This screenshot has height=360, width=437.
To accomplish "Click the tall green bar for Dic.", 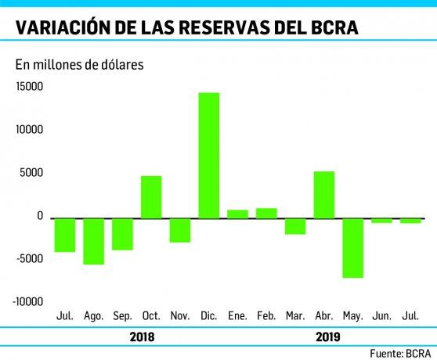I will [208, 155].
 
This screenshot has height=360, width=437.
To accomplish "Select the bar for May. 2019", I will [352, 247].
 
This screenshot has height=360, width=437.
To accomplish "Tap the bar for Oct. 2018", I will [151, 196].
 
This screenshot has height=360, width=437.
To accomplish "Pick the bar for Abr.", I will [323, 194].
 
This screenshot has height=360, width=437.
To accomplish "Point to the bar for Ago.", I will [94, 241].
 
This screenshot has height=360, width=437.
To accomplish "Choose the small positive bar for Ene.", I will [237, 214].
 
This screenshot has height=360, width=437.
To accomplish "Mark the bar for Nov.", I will [180, 230].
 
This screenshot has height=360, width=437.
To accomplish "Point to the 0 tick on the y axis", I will [38, 216].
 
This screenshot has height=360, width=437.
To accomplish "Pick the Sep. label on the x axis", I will [122, 316].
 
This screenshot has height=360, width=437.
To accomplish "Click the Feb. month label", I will [266, 316].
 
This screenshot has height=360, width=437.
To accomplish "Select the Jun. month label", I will [381, 316].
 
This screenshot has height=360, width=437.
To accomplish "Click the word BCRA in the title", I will [334, 27].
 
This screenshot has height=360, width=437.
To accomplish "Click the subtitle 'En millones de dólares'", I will [78, 64].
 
